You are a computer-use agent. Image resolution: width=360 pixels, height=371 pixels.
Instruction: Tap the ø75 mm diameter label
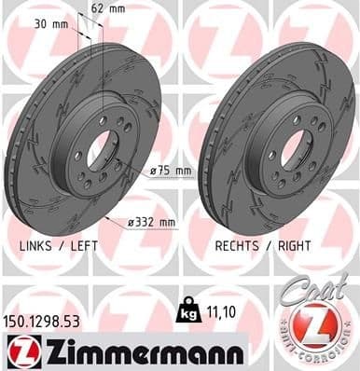(x=172, y=171)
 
